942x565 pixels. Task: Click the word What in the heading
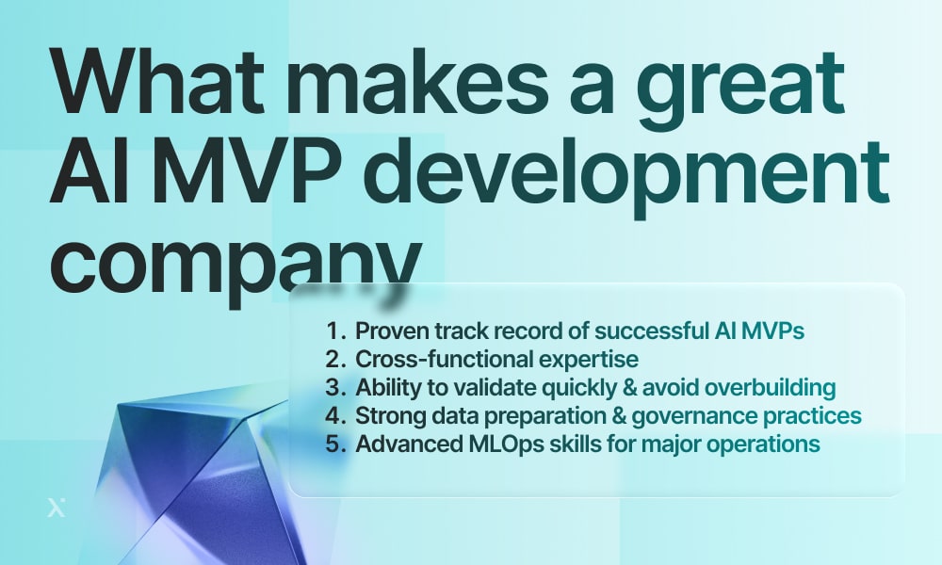[x=158, y=80]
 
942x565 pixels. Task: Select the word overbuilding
[x=770, y=388]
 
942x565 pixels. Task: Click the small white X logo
[x=56, y=508]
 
